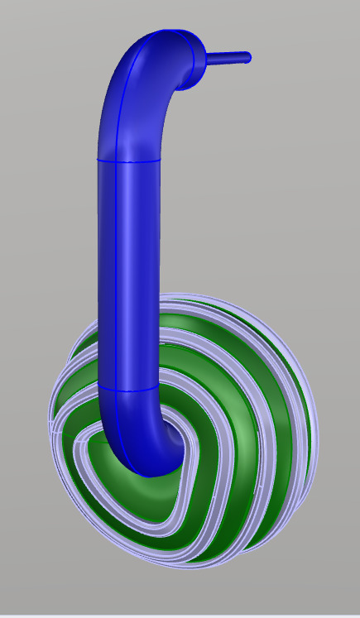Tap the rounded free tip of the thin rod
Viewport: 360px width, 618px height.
pos(247,57)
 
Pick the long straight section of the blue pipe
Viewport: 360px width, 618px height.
pos(128,273)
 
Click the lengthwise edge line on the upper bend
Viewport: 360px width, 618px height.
pos(124,99)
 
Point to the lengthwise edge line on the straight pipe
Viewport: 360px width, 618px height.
pos(115,273)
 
